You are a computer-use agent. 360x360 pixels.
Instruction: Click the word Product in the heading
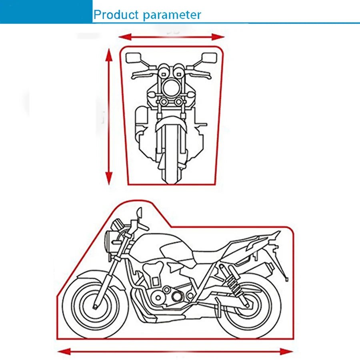(116, 15)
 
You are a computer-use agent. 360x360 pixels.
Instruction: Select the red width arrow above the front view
(172, 37)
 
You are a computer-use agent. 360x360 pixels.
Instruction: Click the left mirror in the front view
(132, 58)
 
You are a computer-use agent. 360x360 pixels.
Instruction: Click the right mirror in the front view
(209, 58)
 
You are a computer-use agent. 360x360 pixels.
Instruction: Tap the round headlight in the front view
(171, 87)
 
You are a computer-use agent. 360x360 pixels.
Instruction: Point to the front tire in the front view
(171, 160)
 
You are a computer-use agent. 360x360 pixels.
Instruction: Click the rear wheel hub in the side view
(248, 305)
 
